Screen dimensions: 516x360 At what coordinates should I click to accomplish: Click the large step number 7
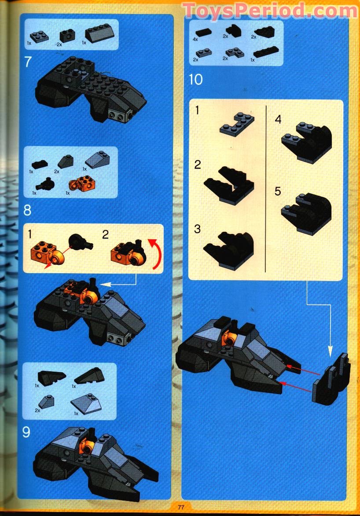point(28,61)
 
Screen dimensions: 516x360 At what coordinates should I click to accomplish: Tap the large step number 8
point(27,210)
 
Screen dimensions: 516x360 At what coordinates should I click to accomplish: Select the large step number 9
point(27,432)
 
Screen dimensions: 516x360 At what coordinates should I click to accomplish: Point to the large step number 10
point(195,80)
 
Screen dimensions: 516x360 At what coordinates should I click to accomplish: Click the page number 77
point(181,507)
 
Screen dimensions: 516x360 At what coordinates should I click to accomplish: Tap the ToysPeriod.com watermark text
point(270,10)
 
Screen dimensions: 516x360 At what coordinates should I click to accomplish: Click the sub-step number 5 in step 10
point(278,192)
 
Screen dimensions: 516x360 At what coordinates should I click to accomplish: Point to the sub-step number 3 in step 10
point(198,229)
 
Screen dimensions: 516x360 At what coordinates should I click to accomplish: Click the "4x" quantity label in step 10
point(195,39)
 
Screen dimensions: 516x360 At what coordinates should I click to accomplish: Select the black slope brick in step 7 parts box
point(100,34)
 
